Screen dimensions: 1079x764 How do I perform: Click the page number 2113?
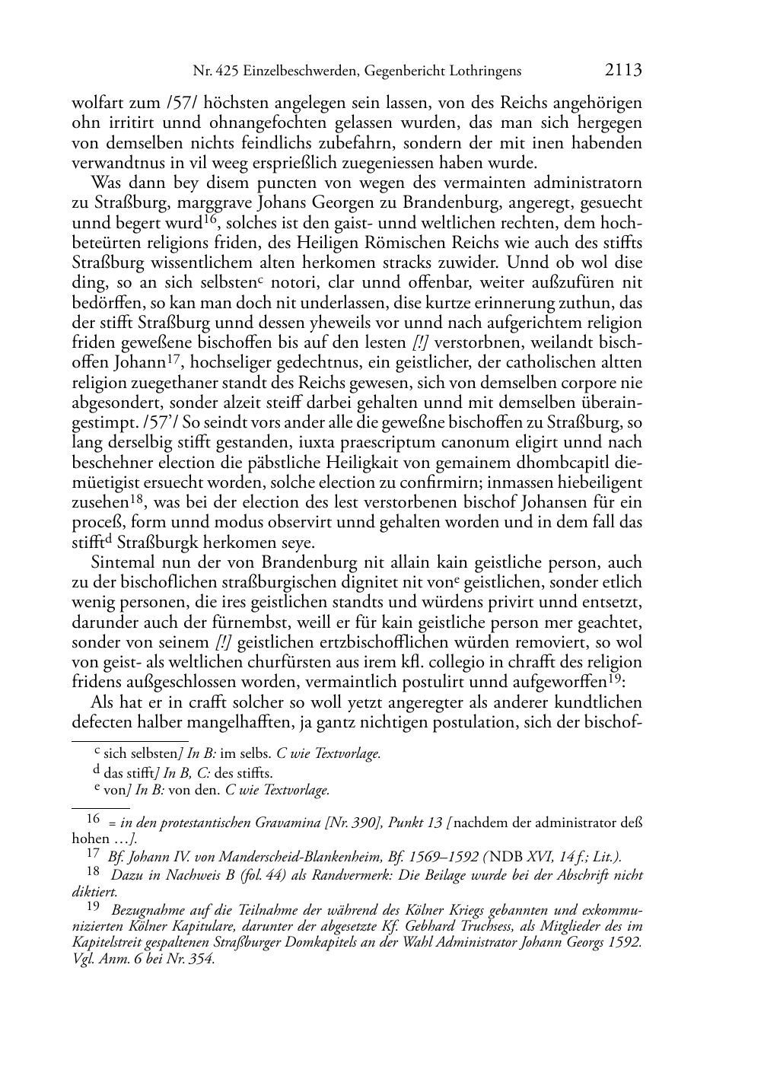coord(624,71)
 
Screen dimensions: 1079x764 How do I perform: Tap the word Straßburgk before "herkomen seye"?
coord(160,543)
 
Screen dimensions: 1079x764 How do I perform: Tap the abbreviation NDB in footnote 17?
coord(492,855)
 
